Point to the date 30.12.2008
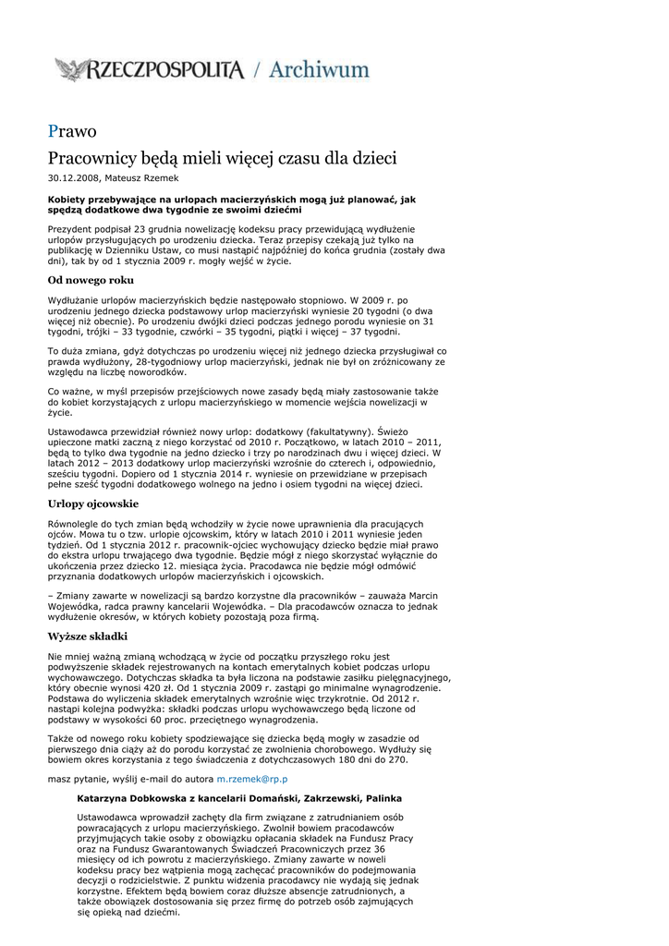click(72, 177)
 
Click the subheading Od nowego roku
click(91, 280)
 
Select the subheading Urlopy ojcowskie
click(92, 504)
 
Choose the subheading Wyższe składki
click(87, 637)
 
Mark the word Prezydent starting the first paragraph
click(69, 228)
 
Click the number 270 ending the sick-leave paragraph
click(396, 759)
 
